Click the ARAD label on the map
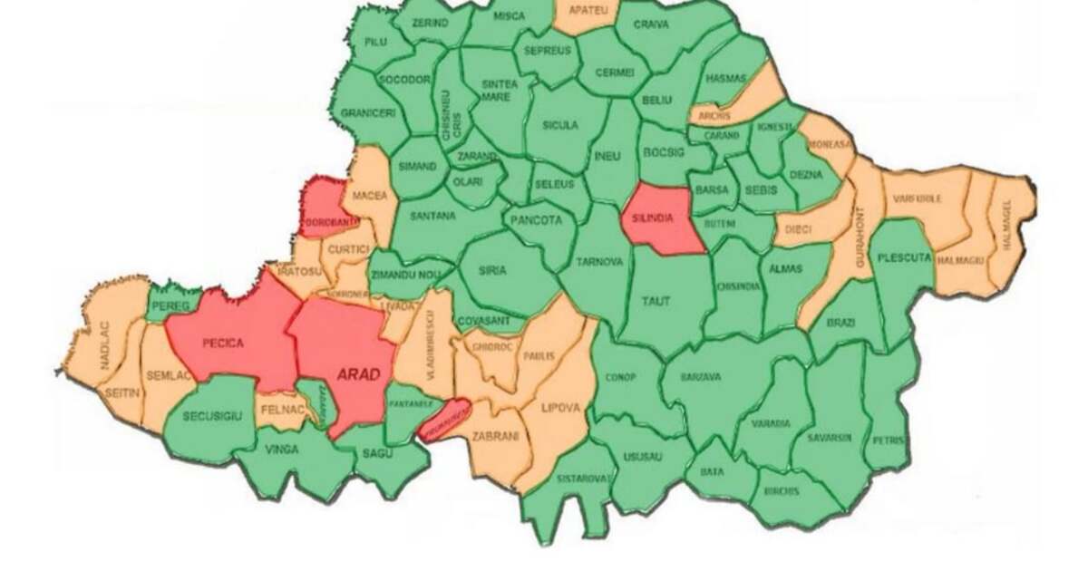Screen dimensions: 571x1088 (357, 373)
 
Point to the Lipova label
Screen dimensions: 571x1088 (559, 409)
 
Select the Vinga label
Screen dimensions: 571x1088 (281, 449)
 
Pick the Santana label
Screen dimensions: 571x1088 (432, 217)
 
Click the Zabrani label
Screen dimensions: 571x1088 (495, 436)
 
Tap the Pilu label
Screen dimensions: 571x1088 (375, 42)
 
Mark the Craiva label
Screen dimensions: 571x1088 (650, 24)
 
